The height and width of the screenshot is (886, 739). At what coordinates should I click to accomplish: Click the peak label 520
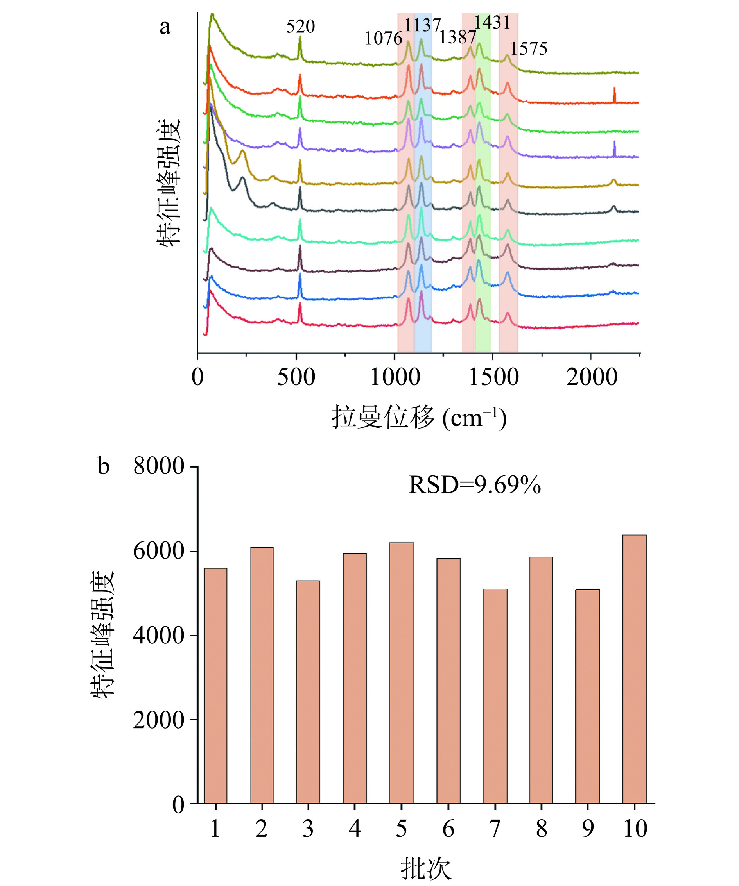coord(300,27)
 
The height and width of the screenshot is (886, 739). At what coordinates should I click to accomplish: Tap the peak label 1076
coord(383,38)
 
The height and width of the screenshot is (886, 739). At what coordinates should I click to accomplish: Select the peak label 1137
coord(422,25)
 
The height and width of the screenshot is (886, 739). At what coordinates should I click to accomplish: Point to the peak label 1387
coord(457,38)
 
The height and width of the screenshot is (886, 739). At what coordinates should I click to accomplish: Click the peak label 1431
coord(492,22)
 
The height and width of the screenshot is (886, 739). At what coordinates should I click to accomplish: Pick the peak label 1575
coord(528,49)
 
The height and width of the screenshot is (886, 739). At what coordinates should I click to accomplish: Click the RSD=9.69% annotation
coord(474,485)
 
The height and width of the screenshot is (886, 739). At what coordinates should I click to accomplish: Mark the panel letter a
coord(165,27)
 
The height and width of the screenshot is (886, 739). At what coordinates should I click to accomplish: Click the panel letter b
coord(104,466)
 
